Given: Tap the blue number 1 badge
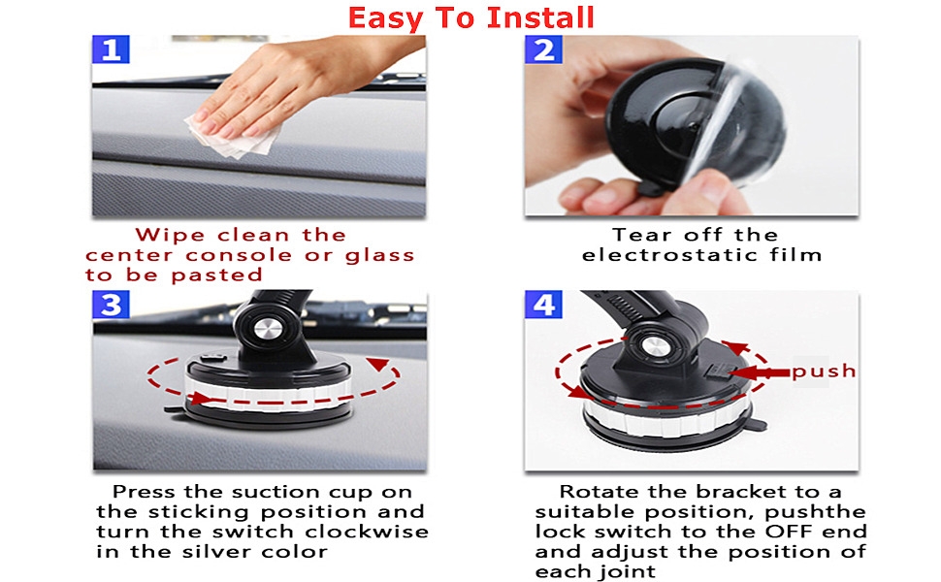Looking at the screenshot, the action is pos(111,49).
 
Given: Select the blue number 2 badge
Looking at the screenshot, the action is pos(543,49).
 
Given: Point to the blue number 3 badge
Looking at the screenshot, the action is pos(111,305).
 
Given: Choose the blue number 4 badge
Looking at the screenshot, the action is pos(543,305).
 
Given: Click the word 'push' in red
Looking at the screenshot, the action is pos(824,371).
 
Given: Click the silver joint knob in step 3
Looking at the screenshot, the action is pos(265,328).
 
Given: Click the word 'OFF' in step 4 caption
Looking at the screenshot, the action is pos(788,532).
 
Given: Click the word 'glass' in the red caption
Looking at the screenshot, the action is pos(379,256).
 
